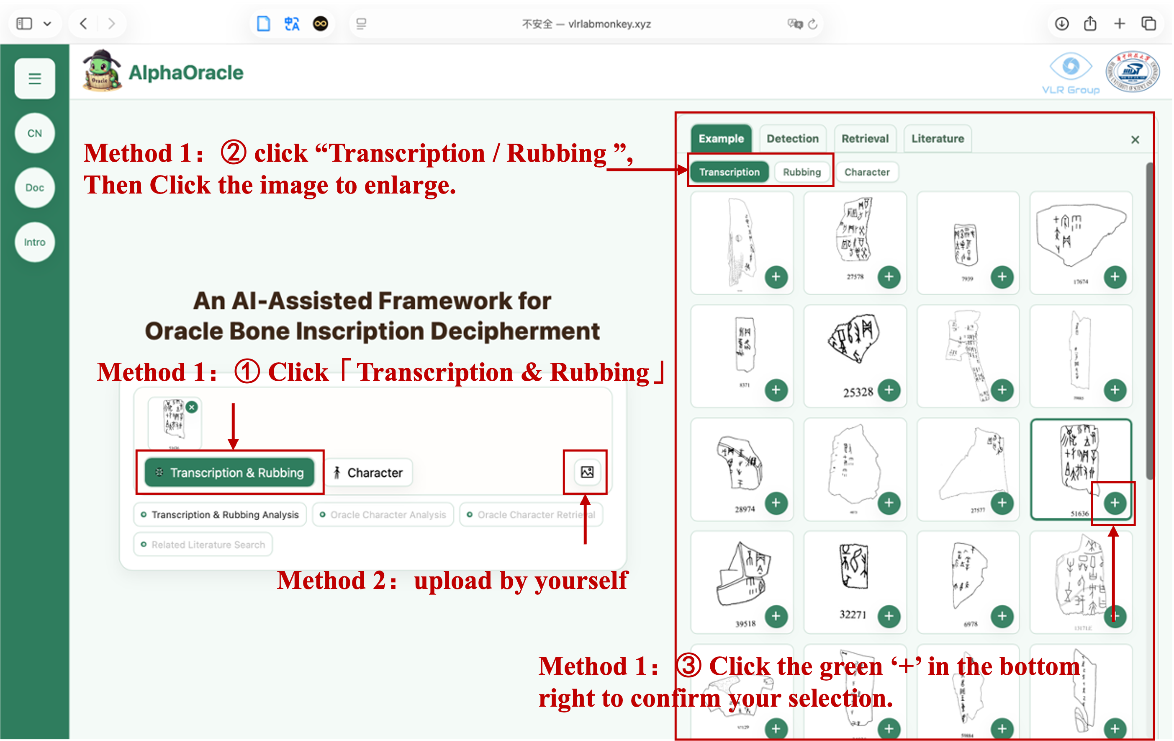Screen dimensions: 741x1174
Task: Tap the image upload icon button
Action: (x=587, y=472)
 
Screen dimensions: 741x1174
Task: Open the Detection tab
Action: (x=792, y=139)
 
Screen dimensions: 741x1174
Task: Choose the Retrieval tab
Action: (x=865, y=139)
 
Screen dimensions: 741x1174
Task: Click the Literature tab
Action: (x=937, y=139)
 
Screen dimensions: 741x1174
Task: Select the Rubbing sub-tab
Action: (x=802, y=172)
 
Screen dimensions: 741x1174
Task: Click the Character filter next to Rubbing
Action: (x=866, y=172)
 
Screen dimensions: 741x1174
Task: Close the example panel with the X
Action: (x=1135, y=140)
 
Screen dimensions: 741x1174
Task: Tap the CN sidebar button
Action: (x=35, y=133)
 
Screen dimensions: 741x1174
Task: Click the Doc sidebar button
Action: (x=35, y=187)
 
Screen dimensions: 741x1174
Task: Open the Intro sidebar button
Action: (x=35, y=242)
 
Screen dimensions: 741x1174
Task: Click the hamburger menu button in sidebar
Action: (x=35, y=78)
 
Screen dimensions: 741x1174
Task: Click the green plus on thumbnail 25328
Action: (x=889, y=390)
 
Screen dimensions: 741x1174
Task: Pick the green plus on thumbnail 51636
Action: (x=1115, y=503)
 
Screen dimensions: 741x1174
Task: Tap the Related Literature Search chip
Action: (x=203, y=545)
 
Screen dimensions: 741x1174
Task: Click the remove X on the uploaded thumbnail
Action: (x=192, y=407)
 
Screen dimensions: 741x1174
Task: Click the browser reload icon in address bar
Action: (x=812, y=24)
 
